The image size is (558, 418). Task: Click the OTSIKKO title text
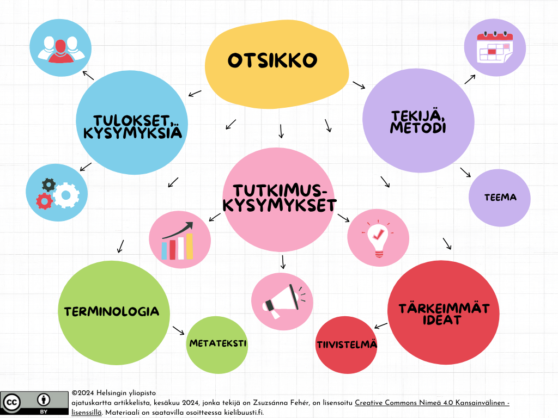point(272,60)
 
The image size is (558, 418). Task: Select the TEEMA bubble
point(500,198)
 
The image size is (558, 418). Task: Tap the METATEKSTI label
point(218,343)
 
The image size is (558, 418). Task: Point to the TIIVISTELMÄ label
point(347,345)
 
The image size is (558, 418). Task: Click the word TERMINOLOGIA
point(112,312)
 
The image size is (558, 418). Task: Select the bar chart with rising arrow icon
point(177,241)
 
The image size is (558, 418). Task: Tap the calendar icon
point(495,47)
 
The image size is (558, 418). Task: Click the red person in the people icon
point(61,51)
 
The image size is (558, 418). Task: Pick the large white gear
point(66,195)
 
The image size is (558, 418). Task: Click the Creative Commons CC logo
point(11,403)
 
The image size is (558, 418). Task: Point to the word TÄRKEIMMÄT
point(444,309)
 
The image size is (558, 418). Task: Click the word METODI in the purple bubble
point(418,127)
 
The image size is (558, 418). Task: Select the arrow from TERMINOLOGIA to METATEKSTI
point(179,330)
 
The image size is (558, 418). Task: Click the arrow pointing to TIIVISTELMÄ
point(381,325)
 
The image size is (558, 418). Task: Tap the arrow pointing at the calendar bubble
point(470,79)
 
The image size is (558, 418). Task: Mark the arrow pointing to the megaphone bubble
point(283,262)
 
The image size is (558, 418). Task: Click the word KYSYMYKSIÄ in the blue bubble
point(133,133)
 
